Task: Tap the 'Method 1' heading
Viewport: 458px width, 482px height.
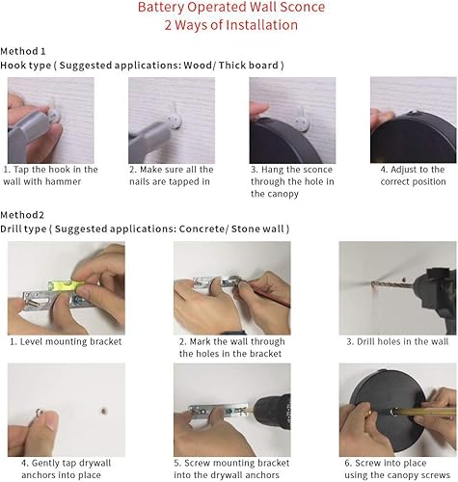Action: tap(23, 50)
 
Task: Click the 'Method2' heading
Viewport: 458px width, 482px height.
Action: tap(22, 216)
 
